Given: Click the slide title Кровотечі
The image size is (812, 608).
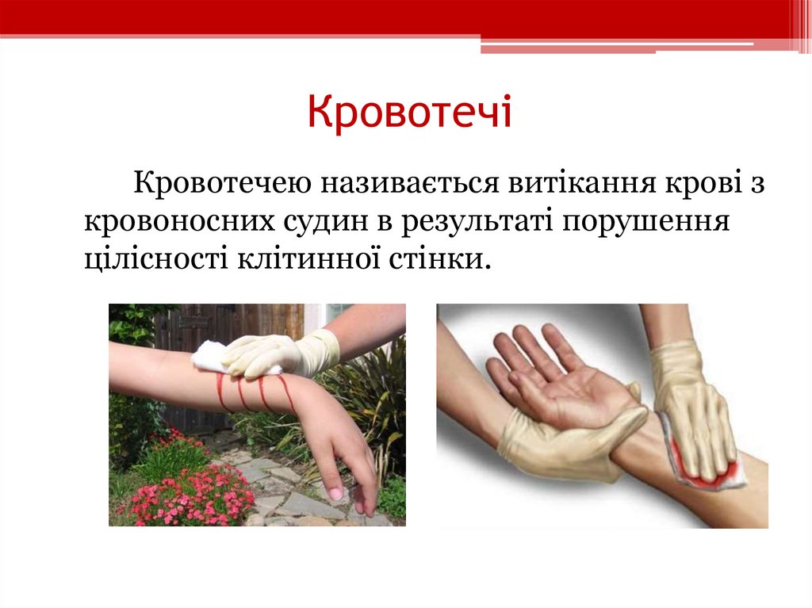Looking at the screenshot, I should click(410, 112).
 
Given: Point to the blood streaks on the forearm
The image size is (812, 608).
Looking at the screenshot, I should click(254, 392).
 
